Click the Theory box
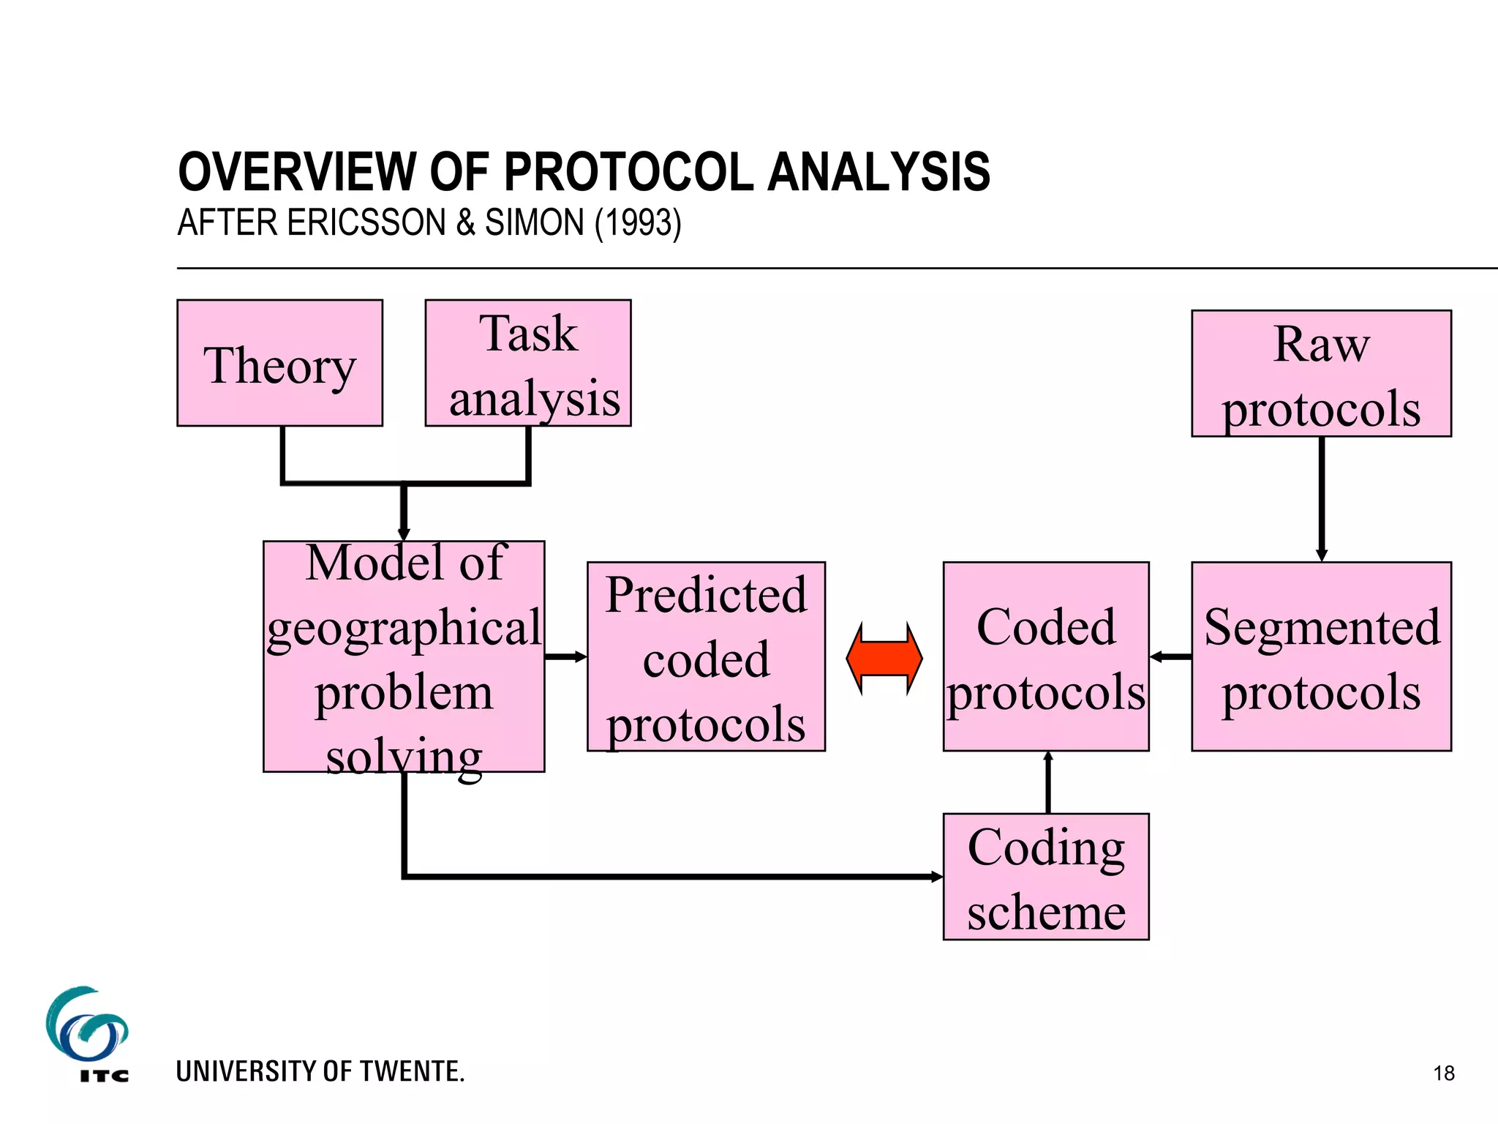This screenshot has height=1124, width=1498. (x=279, y=363)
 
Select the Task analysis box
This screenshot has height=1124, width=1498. (x=527, y=363)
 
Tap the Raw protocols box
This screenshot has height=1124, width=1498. (x=1320, y=373)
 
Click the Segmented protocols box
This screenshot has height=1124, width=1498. (x=1320, y=656)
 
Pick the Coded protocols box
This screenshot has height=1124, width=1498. (x=1045, y=656)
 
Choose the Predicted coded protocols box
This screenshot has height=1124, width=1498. (x=705, y=656)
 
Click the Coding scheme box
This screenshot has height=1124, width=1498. (x=1045, y=876)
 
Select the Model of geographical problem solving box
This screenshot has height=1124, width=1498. (x=403, y=656)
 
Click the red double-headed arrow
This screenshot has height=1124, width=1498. (x=884, y=658)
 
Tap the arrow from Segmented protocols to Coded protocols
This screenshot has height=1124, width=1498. (x=1170, y=656)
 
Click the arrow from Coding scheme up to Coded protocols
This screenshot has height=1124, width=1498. (x=1048, y=782)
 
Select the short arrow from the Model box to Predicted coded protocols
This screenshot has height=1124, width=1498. (x=565, y=656)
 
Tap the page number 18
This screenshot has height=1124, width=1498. (x=1443, y=1074)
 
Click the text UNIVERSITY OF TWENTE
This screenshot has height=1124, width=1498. (x=320, y=1071)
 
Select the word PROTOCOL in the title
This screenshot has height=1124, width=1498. (x=629, y=173)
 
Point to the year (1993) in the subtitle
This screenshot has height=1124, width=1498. (x=638, y=222)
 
